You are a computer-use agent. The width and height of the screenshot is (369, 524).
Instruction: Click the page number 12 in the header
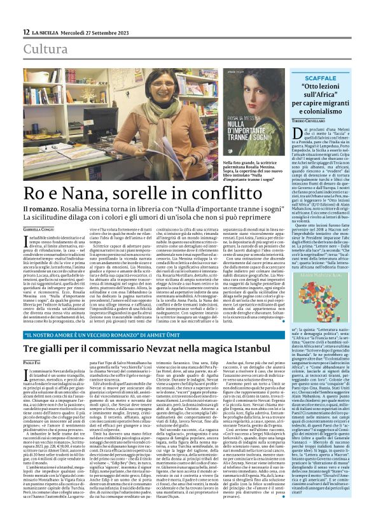25,32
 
